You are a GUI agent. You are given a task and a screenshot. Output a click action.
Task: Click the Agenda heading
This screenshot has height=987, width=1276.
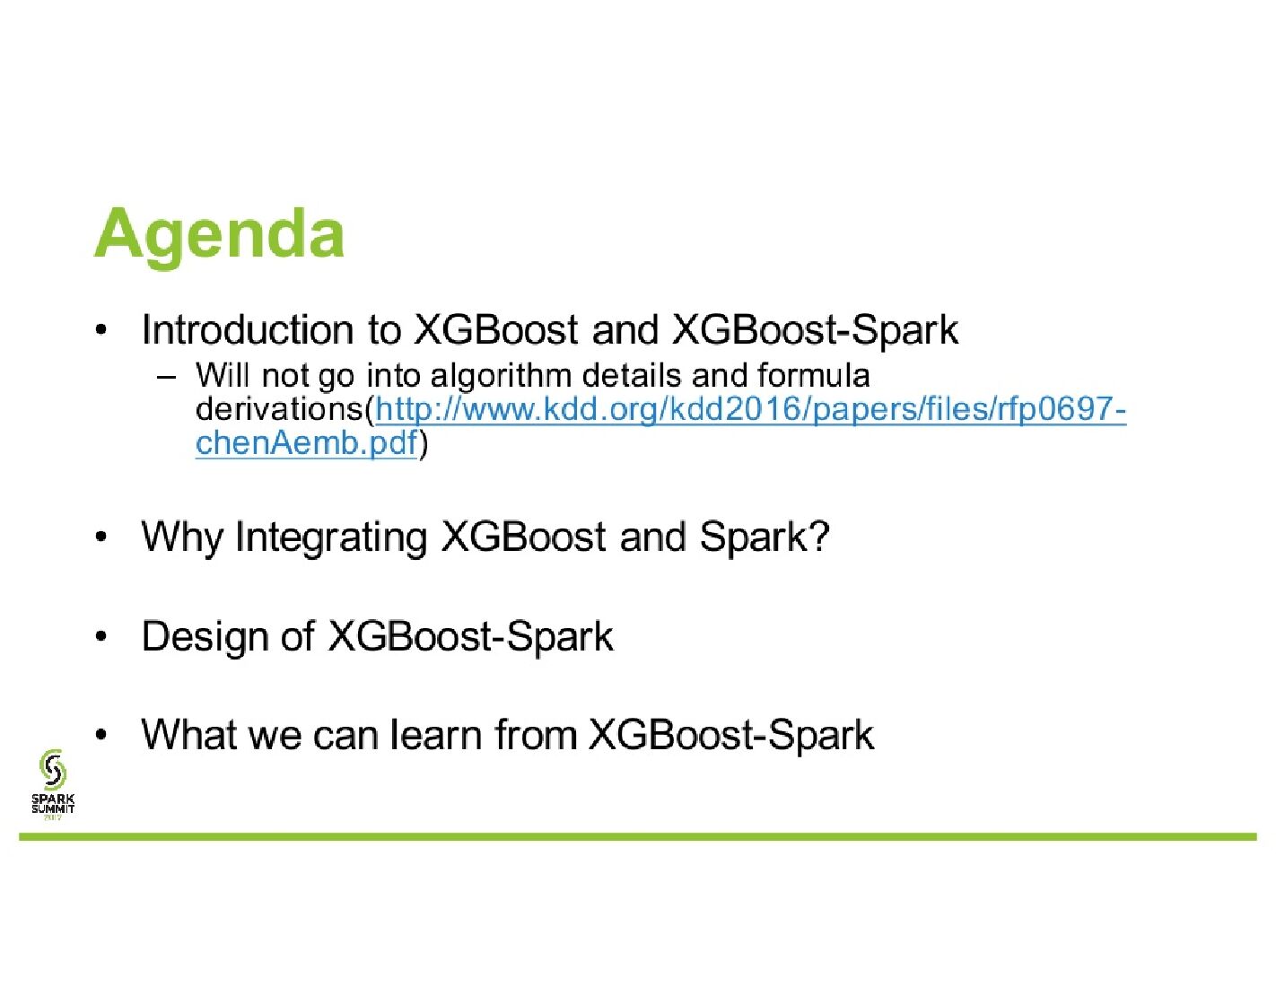pos(218,236)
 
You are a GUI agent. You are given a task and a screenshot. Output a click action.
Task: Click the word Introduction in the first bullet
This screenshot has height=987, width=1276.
pos(248,329)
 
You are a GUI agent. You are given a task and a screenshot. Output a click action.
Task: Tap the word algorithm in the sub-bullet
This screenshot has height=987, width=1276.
pos(501,376)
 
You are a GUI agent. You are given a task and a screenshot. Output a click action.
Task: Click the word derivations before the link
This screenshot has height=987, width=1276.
pos(280,408)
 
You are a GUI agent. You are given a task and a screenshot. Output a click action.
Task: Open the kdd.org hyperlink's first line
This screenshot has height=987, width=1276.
pos(750,410)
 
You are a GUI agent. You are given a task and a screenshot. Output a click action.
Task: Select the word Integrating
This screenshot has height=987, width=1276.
pos(330,537)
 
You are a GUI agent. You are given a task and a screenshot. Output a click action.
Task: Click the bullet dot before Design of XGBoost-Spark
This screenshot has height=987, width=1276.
pos(101,638)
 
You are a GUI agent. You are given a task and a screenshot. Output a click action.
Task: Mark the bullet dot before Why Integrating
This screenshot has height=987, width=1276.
pos(101,537)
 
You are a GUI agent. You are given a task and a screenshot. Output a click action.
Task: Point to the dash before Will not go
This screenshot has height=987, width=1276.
pos(167,378)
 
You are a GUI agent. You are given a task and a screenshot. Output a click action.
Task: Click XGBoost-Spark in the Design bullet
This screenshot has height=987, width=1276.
pos(470,636)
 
